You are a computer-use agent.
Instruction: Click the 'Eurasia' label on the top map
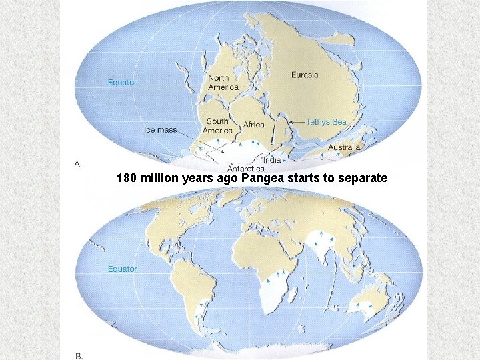coord(305,75)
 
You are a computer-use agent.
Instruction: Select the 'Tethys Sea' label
coord(326,122)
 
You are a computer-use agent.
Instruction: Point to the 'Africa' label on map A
coord(253,125)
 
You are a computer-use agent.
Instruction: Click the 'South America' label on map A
coord(217,125)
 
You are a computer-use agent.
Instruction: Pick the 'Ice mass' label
coord(161,129)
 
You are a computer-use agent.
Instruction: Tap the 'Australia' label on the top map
coord(344,147)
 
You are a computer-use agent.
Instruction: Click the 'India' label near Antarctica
coord(272,160)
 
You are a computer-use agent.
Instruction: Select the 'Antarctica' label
coord(246,169)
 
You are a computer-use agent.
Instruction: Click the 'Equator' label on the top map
coord(123,83)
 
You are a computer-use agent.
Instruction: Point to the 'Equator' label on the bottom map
coord(123,269)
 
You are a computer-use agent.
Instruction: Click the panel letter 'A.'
coord(77,164)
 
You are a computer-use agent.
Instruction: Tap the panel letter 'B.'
coord(78,357)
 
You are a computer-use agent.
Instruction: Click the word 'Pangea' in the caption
coord(262,179)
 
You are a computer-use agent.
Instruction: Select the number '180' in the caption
coord(127,179)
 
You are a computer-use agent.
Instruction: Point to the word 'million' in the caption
coord(159,179)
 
